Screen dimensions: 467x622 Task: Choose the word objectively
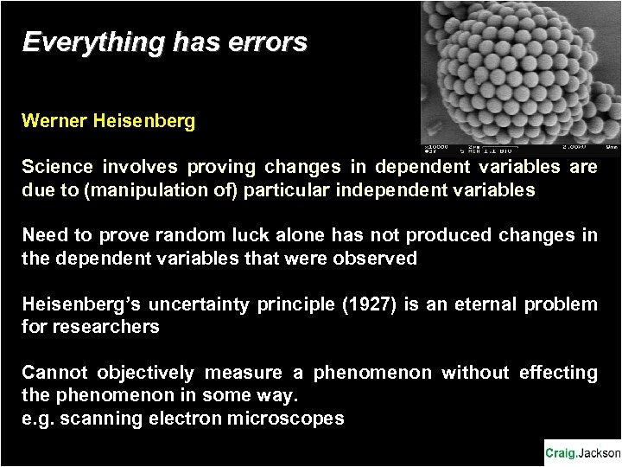pyautogui.click(x=146, y=373)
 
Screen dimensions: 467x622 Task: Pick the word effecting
pyautogui.click(x=558, y=373)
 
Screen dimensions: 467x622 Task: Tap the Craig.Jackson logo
pyautogui.click(x=581, y=452)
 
